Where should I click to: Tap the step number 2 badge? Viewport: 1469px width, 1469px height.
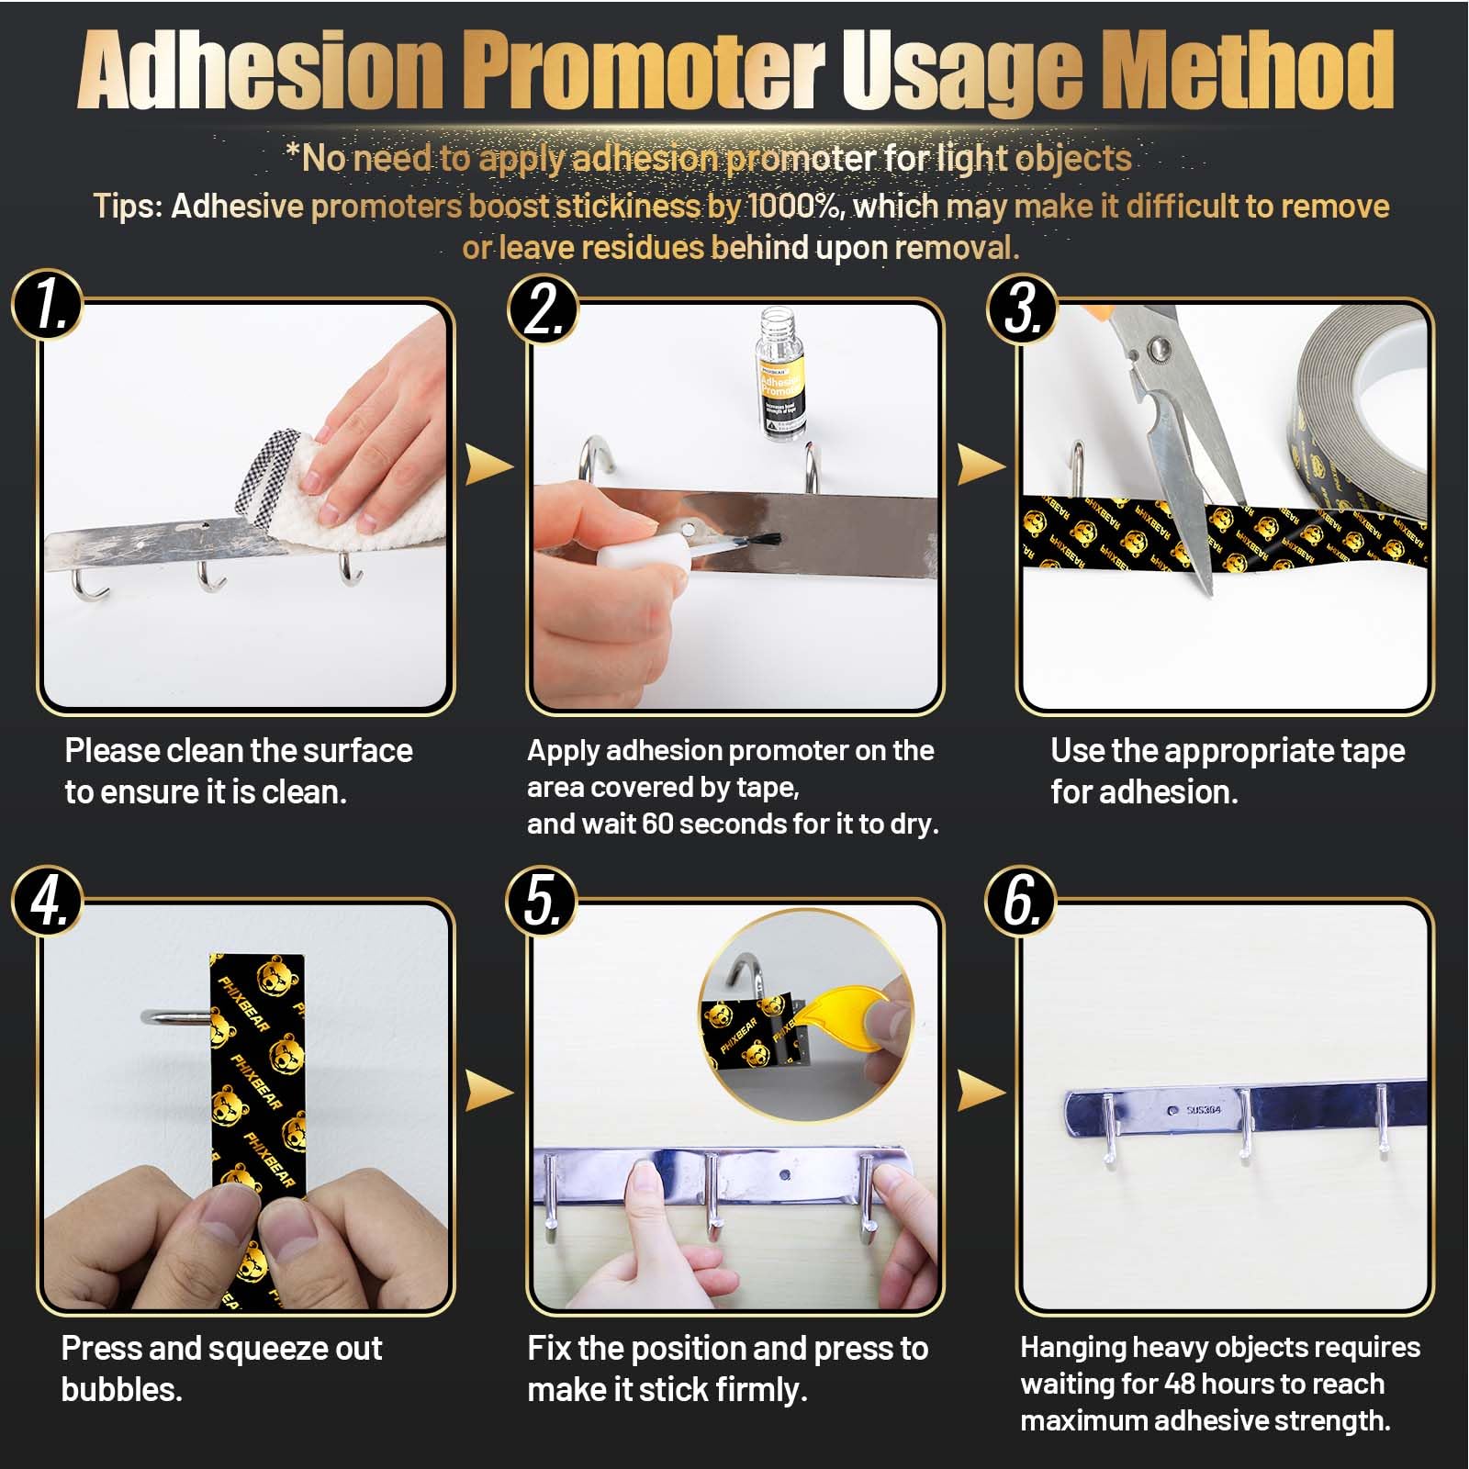pyautogui.click(x=544, y=308)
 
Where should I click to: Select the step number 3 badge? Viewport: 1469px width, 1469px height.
pyautogui.click(x=1022, y=308)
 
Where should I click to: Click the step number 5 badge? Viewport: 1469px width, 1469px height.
pyautogui.click(x=542, y=902)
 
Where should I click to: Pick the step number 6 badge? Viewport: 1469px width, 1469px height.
pyautogui.click(x=1021, y=902)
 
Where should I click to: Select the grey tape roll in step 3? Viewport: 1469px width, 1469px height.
pyautogui.click(x=1359, y=413)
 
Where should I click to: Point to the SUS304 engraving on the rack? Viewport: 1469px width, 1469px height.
pyautogui.click(x=1203, y=1110)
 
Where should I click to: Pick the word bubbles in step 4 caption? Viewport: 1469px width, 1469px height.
pyautogui.click(x=121, y=1389)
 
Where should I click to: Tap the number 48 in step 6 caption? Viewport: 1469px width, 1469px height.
pyautogui.click(x=1180, y=1383)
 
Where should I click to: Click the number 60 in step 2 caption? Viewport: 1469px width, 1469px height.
pyautogui.click(x=657, y=824)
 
